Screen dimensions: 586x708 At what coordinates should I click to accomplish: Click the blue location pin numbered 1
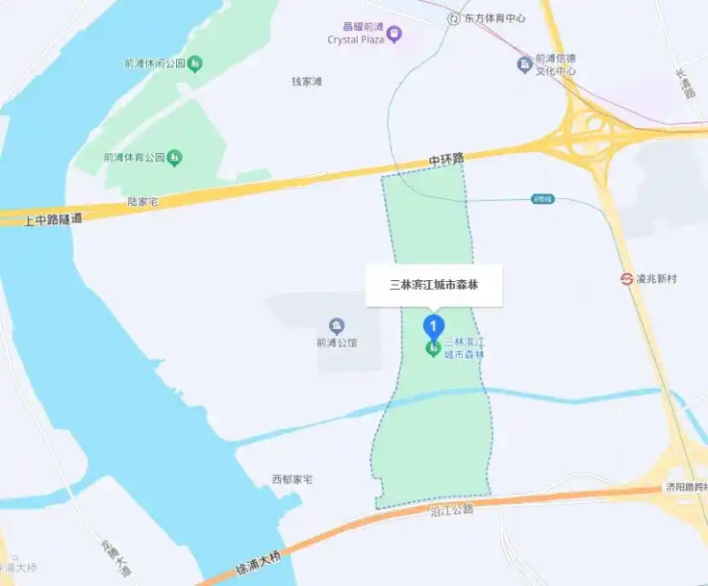click(x=433, y=326)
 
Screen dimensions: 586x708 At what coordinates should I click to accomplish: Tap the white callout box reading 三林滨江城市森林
click(x=435, y=285)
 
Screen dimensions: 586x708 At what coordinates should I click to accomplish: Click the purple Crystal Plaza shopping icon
click(x=394, y=34)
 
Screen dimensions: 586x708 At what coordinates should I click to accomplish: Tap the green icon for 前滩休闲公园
click(x=196, y=64)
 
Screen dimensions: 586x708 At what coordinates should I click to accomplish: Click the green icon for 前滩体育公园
click(x=175, y=158)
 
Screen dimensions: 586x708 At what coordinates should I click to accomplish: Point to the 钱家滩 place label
click(x=307, y=81)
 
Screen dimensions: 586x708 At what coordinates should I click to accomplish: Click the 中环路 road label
click(x=446, y=160)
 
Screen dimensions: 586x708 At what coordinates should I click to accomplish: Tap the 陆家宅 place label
click(x=142, y=202)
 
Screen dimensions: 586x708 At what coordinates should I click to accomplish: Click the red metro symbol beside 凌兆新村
click(x=627, y=278)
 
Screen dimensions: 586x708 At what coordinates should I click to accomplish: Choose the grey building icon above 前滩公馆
click(x=336, y=325)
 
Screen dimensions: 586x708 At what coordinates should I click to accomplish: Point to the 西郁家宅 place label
click(x=292, y=480)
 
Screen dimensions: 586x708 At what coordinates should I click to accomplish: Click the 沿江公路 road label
click(x=451, y=510)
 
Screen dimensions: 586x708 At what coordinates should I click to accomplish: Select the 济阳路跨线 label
click(x=687, y=488)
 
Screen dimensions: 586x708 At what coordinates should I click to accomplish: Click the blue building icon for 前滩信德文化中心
click(x=525, y=64)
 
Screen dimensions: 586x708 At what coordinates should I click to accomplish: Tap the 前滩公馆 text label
click(x=336, y=343)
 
